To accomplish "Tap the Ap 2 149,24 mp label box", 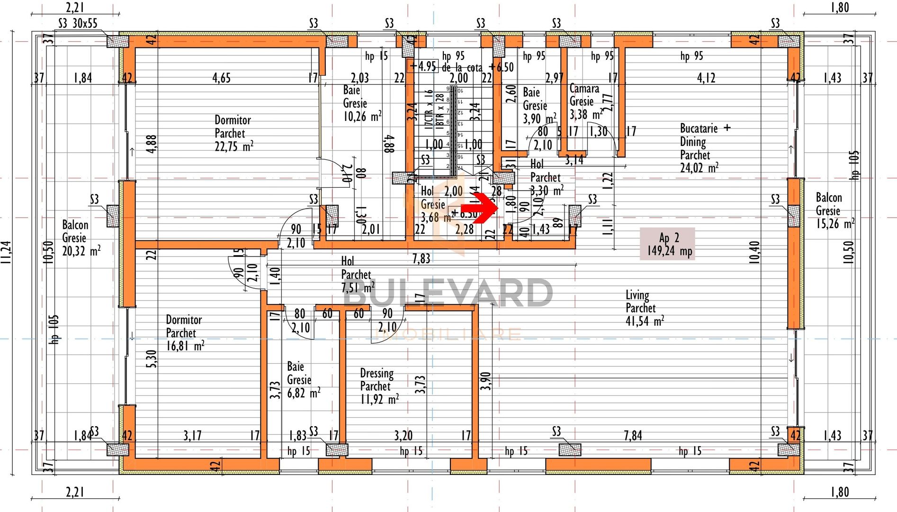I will (x=667, y=244).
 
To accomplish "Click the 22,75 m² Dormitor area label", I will (x=233, y=133).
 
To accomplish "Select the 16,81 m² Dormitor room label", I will (x=185, y=333).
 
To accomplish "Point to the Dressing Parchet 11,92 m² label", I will (x=379, y=386).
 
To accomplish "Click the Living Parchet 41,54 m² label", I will (x=644, y=308).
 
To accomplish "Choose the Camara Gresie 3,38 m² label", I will (x=585, y=101).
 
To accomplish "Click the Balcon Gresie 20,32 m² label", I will (x=81, y=238).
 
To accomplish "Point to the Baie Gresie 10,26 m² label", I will (x=361, y=103).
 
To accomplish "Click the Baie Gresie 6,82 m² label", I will (x=303, y=380).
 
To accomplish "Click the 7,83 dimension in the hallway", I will (x=421, y=258).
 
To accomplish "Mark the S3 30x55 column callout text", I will (x=78, y=23).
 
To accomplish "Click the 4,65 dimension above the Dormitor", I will (x=221, y=78).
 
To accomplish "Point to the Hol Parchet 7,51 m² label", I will (x=357, y=275).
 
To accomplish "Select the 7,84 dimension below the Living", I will (x=633, y=435).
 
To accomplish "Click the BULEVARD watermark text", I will (x=448, y=293).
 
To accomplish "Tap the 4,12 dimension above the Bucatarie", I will (x=706, y=78).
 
